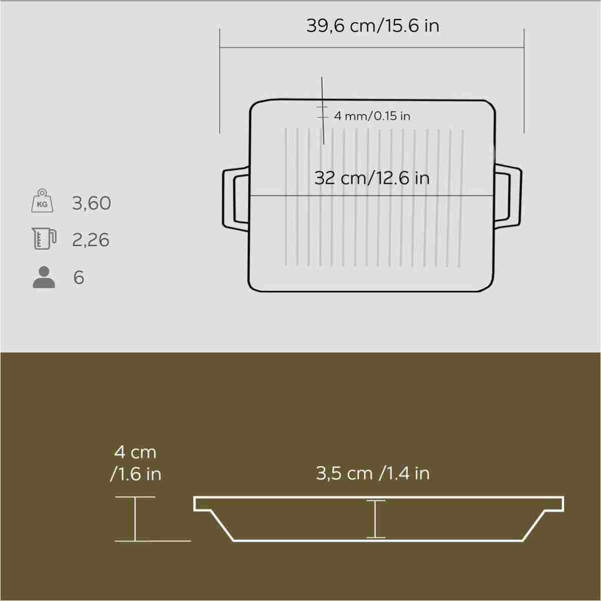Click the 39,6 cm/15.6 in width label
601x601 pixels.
[x=373, y=26]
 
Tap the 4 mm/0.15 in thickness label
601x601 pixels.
[x=372, y=116]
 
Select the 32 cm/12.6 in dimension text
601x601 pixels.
[x=372, y=178]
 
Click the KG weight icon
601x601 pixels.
[x=42, y=200]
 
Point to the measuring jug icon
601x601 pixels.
[x=44, y=238]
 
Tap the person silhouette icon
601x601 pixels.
[x=44, y=277]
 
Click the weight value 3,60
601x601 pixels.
[x=91, y=203]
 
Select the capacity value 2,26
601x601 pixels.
[x=91, y=240]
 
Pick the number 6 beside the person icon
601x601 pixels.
[x=79, y=277]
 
